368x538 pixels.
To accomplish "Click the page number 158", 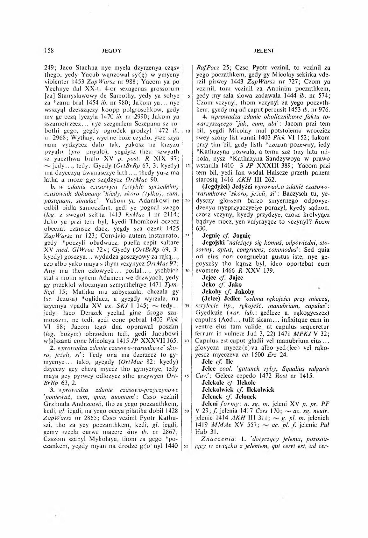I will tap(49, 50).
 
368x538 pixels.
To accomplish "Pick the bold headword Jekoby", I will tap(213, 291).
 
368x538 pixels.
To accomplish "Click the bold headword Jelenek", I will tap(213, 397).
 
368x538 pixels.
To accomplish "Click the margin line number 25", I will tap(188, 236).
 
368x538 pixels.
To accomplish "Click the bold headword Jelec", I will tap(209, 369).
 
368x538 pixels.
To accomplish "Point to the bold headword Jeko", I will tap(209, 284).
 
